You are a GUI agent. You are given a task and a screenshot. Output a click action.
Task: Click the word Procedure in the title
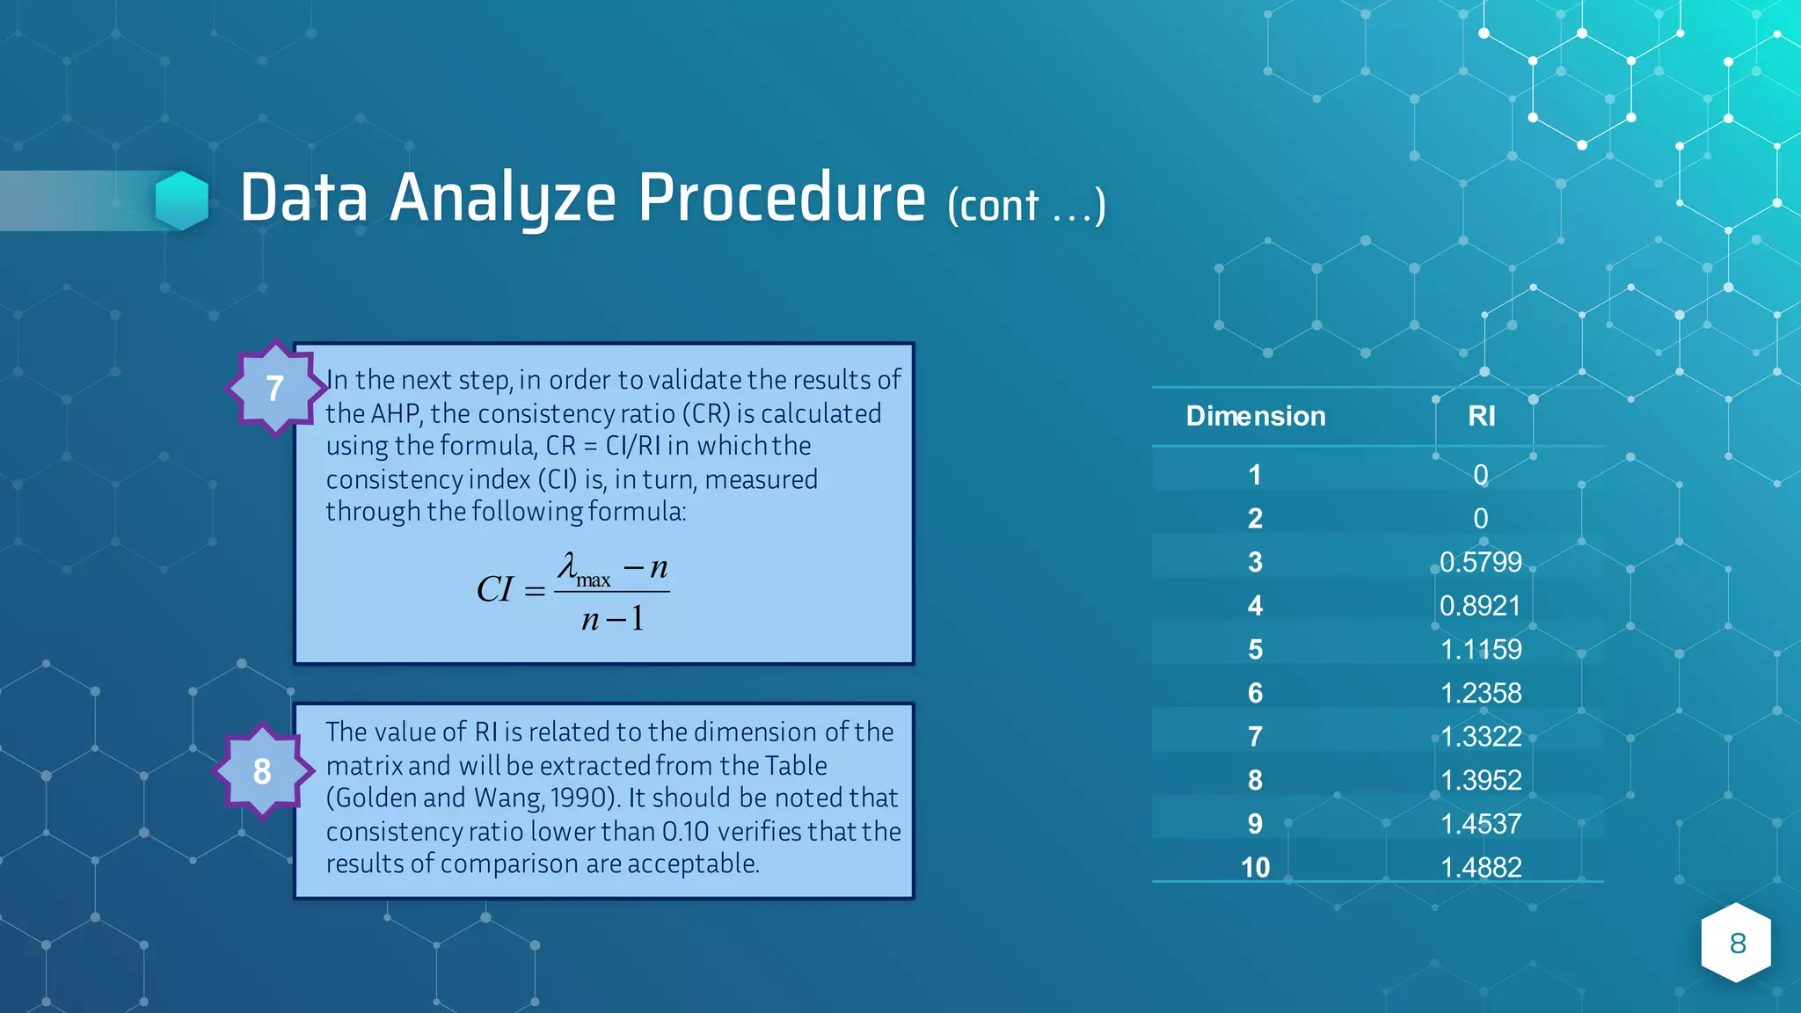tap(781, 199)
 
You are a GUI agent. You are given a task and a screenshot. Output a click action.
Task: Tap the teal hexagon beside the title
tap(182, 200)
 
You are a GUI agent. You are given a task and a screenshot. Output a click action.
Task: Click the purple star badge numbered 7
tap(275, 388)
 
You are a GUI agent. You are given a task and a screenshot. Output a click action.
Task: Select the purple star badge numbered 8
tap(262, 771)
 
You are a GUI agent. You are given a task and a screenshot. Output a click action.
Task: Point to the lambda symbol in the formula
tap(568, 565)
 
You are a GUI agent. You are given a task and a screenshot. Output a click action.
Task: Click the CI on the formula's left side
tap(494, 589)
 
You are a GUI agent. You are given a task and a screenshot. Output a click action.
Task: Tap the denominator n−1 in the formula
tap(613, 620)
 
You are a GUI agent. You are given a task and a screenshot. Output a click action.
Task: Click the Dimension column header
tap(1255, 416)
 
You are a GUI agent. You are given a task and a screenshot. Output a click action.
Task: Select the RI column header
tap(1481, 416)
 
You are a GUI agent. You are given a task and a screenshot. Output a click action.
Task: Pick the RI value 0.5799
tap(1480, 562)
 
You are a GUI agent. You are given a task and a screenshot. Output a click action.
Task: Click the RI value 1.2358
tap(1480, 693)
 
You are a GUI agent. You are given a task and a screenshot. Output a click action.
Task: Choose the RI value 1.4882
tap(1480, 867)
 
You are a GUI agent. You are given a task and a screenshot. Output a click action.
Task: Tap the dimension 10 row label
tap(1255, 867)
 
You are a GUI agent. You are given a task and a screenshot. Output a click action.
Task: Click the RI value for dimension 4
tap(1480, 606)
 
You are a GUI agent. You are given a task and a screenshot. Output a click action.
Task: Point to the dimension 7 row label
tap(1255, 736)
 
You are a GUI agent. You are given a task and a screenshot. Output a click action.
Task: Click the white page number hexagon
tap(1736, 943)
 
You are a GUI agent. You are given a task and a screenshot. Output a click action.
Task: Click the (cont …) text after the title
tap(1025, 207)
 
